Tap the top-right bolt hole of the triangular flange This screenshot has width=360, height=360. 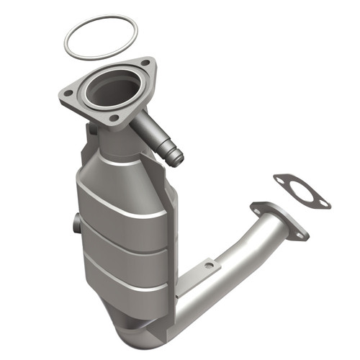[x=146, y=63]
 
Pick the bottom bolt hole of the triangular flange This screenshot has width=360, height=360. [x=114, y=117]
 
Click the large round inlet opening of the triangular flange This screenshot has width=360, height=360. [x=112, y=89]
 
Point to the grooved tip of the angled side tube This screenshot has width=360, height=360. [x=174, y=156]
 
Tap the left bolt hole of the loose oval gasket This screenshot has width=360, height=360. [x=281, y=179]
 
